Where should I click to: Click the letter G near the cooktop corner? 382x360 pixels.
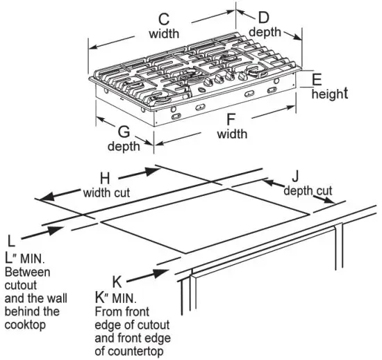click(x=124, y=131)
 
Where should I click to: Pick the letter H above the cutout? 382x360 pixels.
click(x=105, y=177)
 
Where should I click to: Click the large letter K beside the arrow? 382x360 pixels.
click(x=117, y=281)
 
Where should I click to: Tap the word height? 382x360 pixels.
click(x=329, y=94)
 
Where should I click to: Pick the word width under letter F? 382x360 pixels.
click(x=232, y=134)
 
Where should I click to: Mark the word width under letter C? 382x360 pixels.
click(x=165, y=33)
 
